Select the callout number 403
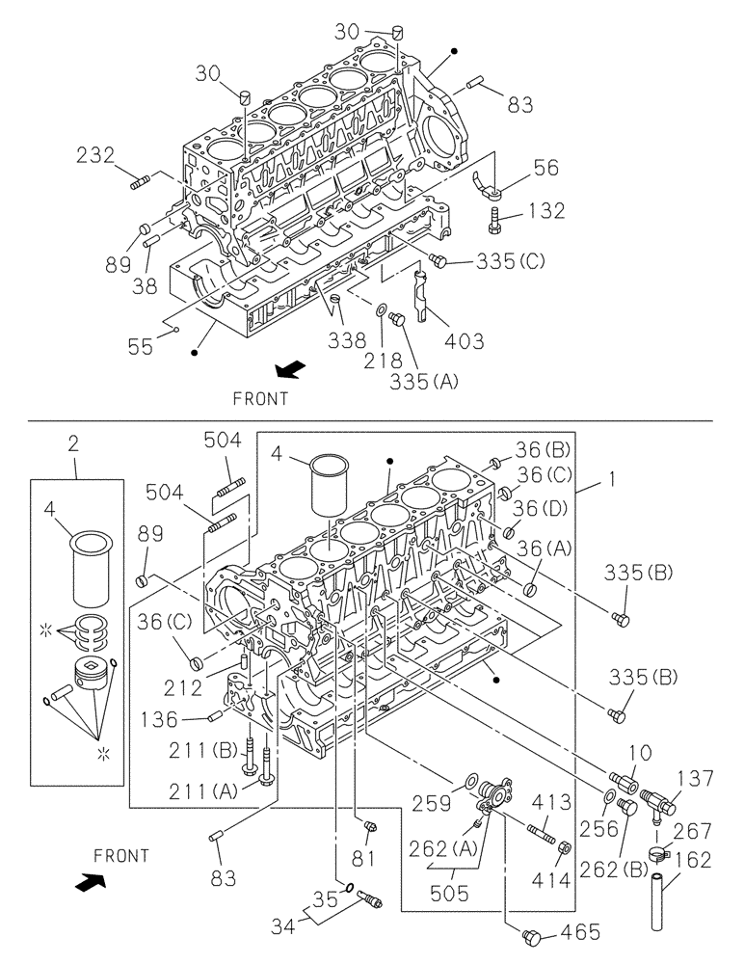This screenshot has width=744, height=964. (x=465, y=340)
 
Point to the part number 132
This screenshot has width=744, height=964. (x=546, y=211)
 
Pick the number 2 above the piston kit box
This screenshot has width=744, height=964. (x=73, y=444)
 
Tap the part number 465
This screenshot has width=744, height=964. (x=581, y=932)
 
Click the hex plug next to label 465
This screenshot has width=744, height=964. (x=531, y=935)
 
